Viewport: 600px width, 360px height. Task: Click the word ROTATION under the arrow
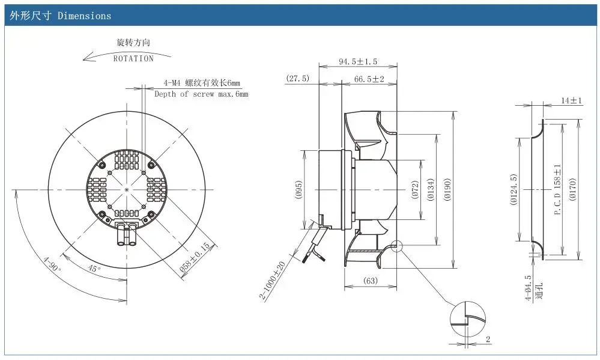point(133,58)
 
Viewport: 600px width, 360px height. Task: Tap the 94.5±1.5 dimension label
point(358,61)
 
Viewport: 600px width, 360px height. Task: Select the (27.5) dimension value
point(297,78)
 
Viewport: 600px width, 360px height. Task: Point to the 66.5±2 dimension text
point(369,79)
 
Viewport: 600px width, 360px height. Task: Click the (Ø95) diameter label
point(299,189)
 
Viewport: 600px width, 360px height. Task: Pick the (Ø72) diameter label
point(416,189)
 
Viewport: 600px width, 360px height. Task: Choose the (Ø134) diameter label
point(431,189)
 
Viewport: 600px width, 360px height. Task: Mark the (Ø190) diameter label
point(447,189)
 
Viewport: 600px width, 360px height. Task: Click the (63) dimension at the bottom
point(370,281)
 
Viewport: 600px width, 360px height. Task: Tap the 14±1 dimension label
point(572,100)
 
